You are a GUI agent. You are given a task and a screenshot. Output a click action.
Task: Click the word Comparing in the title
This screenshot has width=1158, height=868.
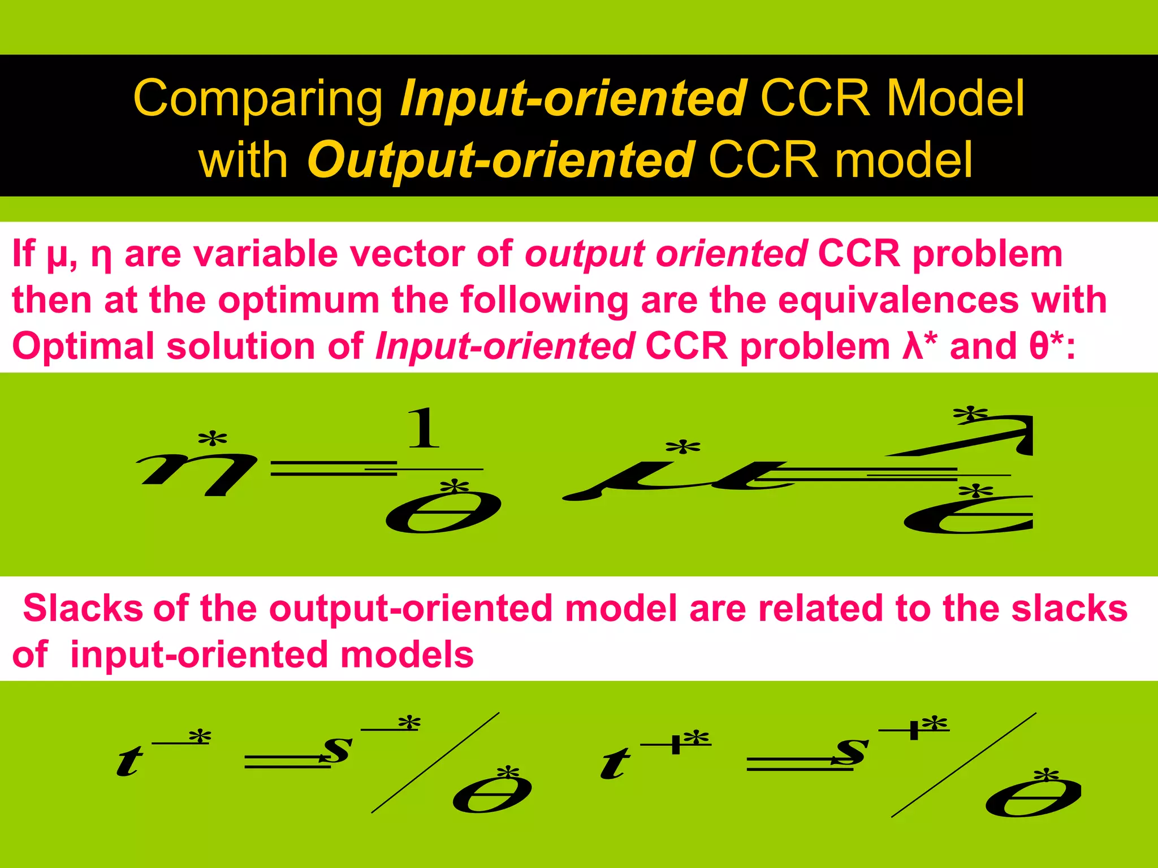pyautogui.click(x=258, y=99)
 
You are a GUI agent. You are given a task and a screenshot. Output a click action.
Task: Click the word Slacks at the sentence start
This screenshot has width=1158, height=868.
pyautogui.click(x=83, y=609)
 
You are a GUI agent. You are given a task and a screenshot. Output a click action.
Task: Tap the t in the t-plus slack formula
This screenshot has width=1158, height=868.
pyautogui.click(x=615, y=763)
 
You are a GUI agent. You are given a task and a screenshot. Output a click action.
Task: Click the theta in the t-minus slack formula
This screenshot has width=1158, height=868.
pyautogui.click(x=492, y=794)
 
